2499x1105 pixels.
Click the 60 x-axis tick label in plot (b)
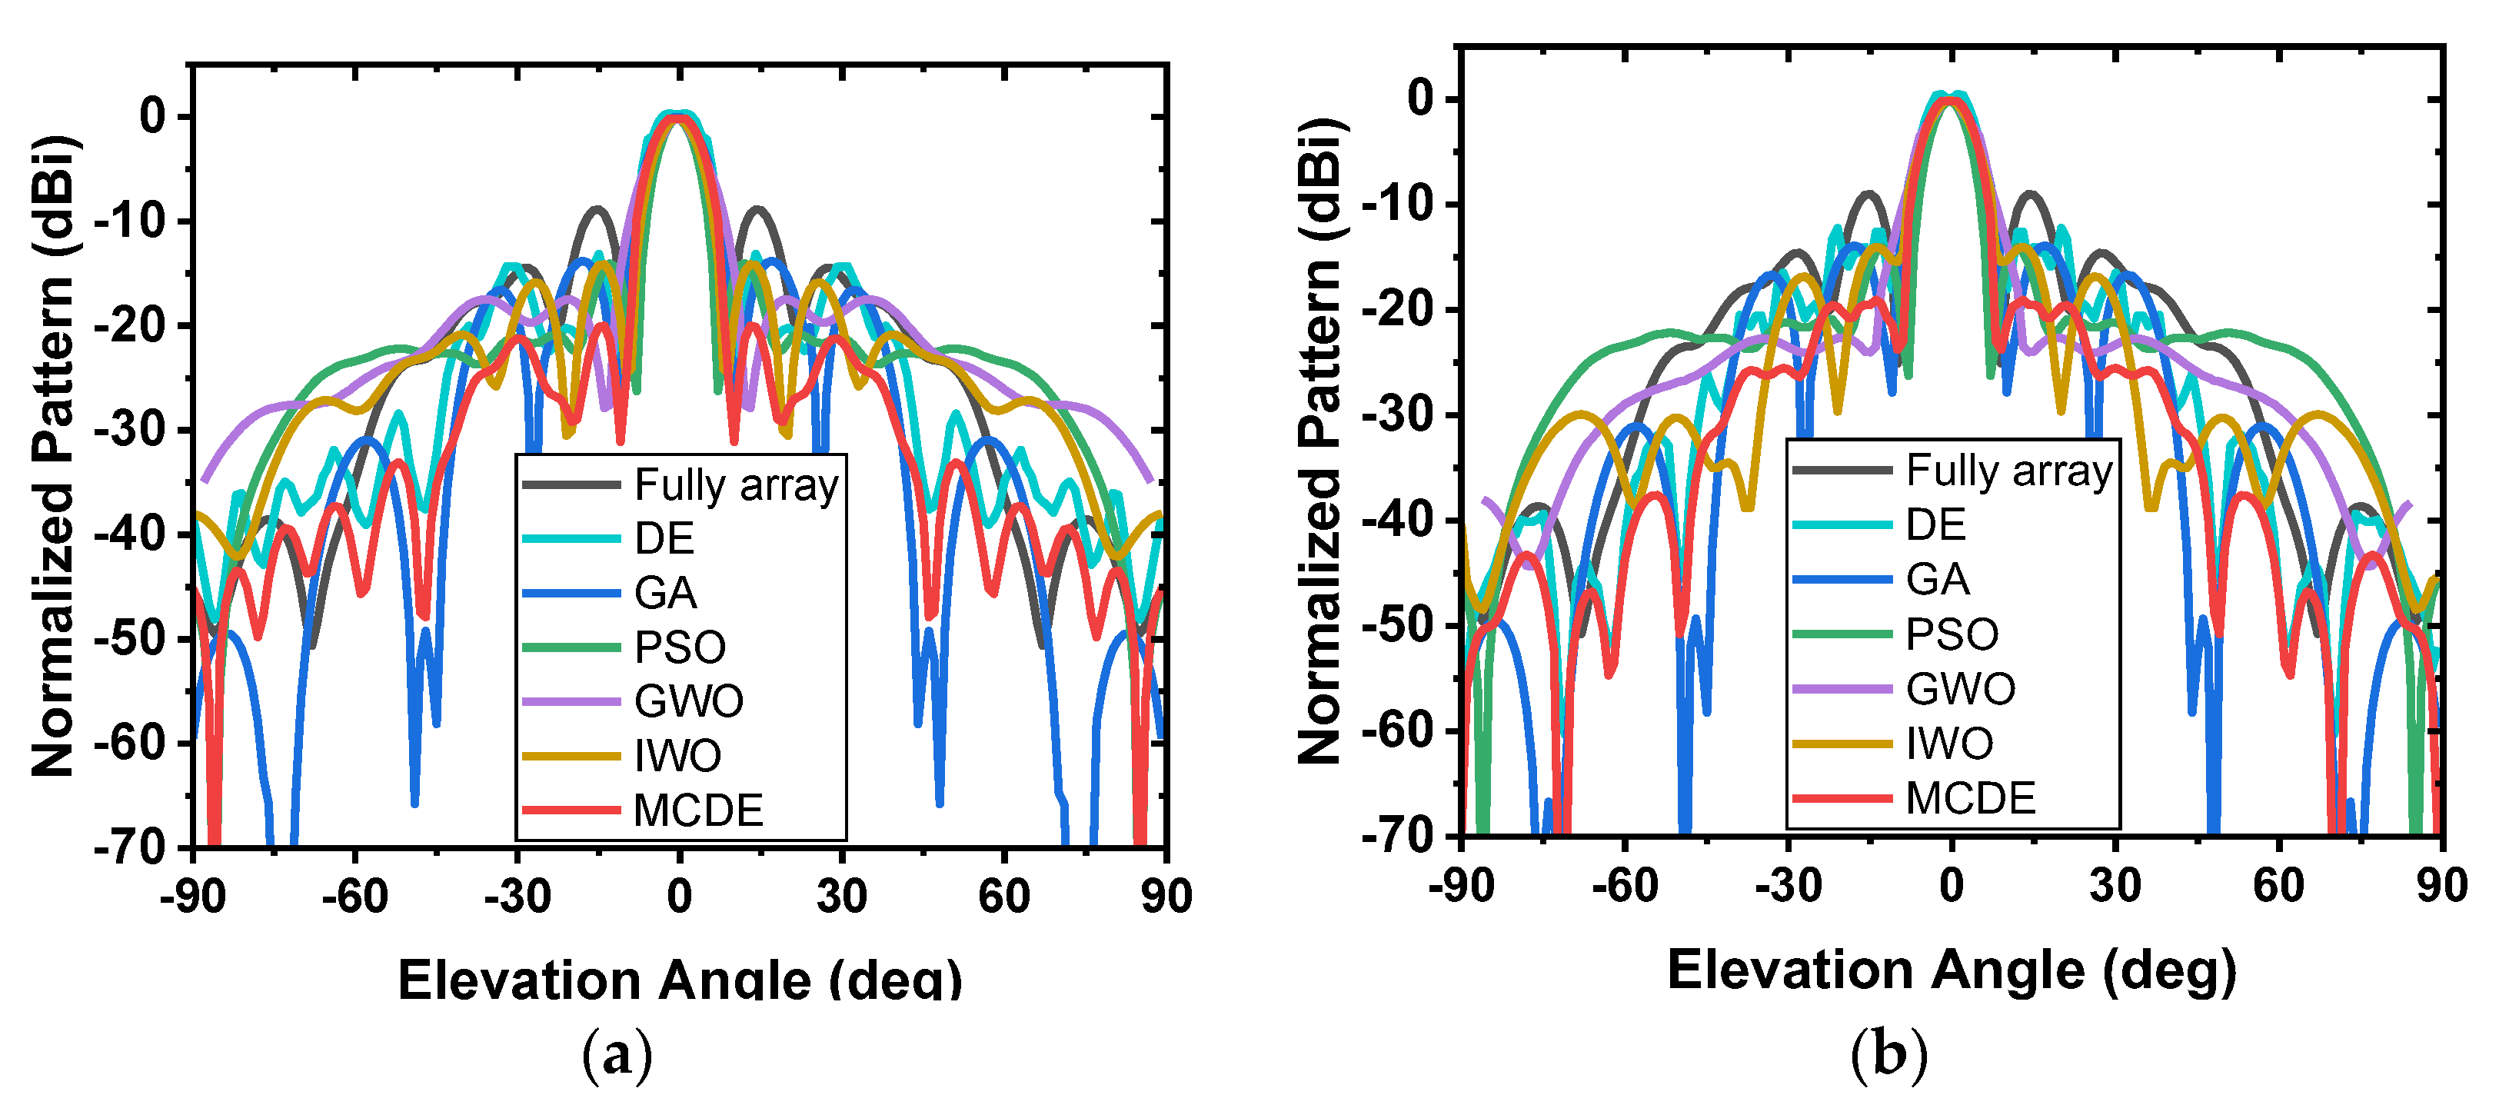click(2278, 886)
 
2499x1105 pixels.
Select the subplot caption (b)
click(1888, 1053)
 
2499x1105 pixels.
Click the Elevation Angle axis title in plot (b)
click(1951, 971)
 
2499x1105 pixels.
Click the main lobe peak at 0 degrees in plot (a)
click(679, 116)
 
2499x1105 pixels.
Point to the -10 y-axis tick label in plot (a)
click(130, 221)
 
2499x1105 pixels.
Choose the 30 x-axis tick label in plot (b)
click(2115, 886)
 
